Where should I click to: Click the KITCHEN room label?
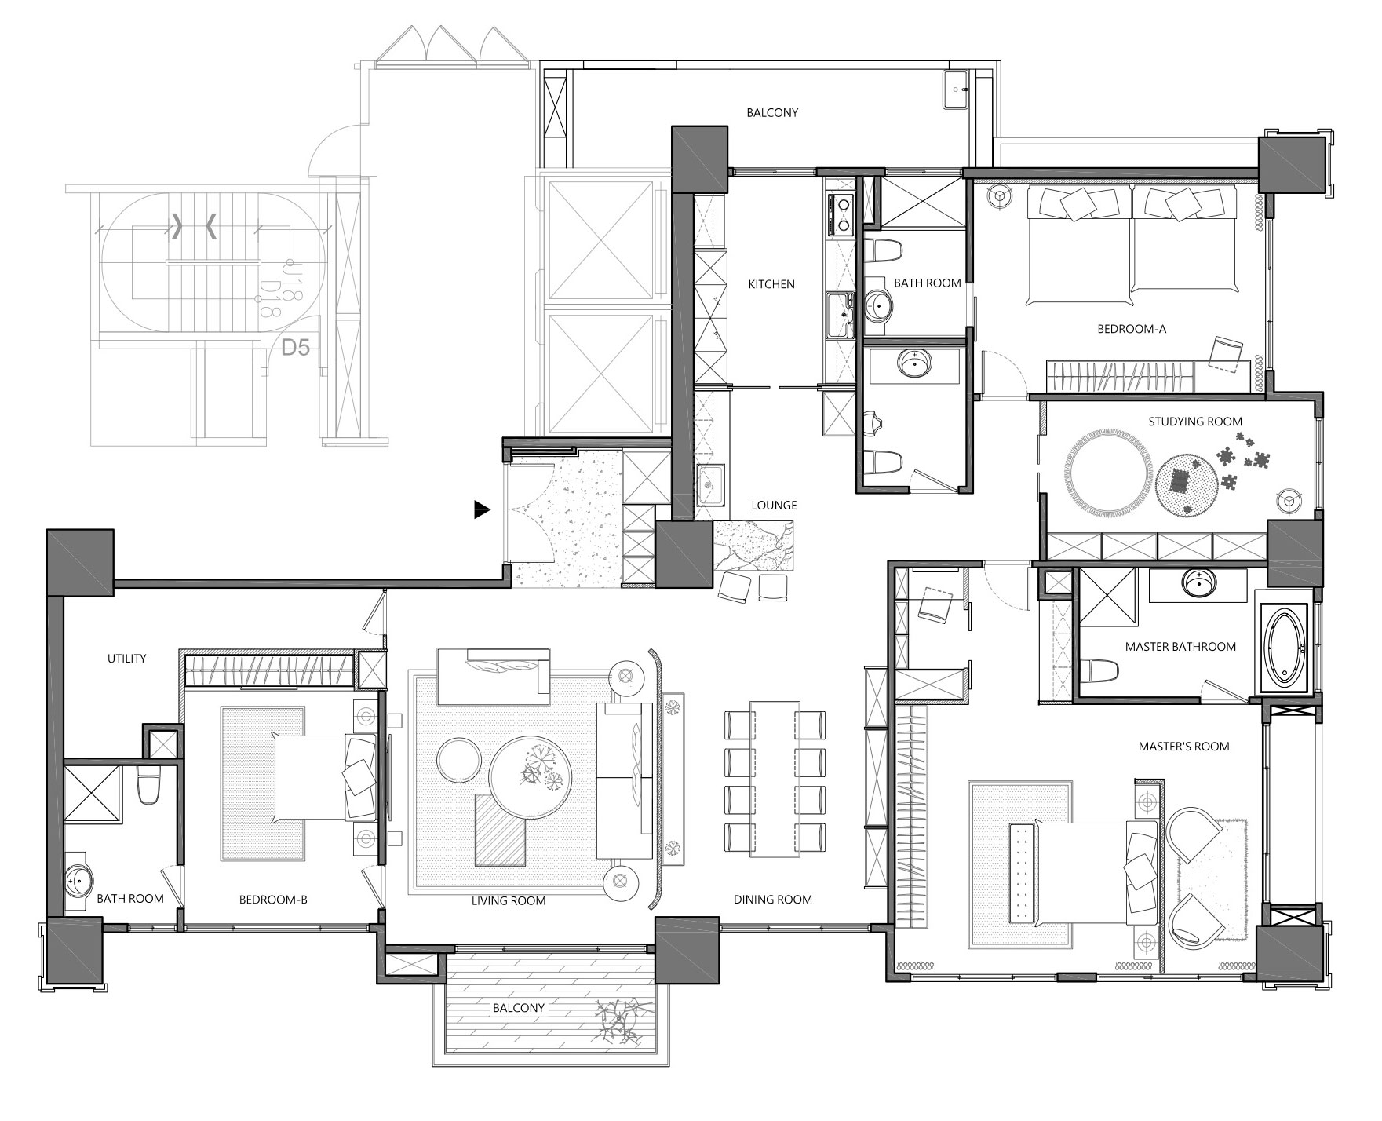(x=771, y=284)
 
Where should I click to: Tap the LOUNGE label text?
(x=774, y=506)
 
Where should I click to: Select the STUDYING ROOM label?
(x=1195, y=422)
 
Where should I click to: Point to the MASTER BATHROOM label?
(x=1180, y=647)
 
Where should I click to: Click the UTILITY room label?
(x=127, y=659)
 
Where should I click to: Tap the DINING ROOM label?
(x=773, y=900)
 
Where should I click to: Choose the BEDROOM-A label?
(x=1132, y=329)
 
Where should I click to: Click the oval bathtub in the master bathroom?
(x=1284, y=648)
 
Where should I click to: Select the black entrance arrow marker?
(x=482, y=510)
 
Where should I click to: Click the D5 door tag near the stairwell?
(x=295, y=347)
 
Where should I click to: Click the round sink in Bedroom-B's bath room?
(x=78, y=881)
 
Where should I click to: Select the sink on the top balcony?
(x=956, y=91)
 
